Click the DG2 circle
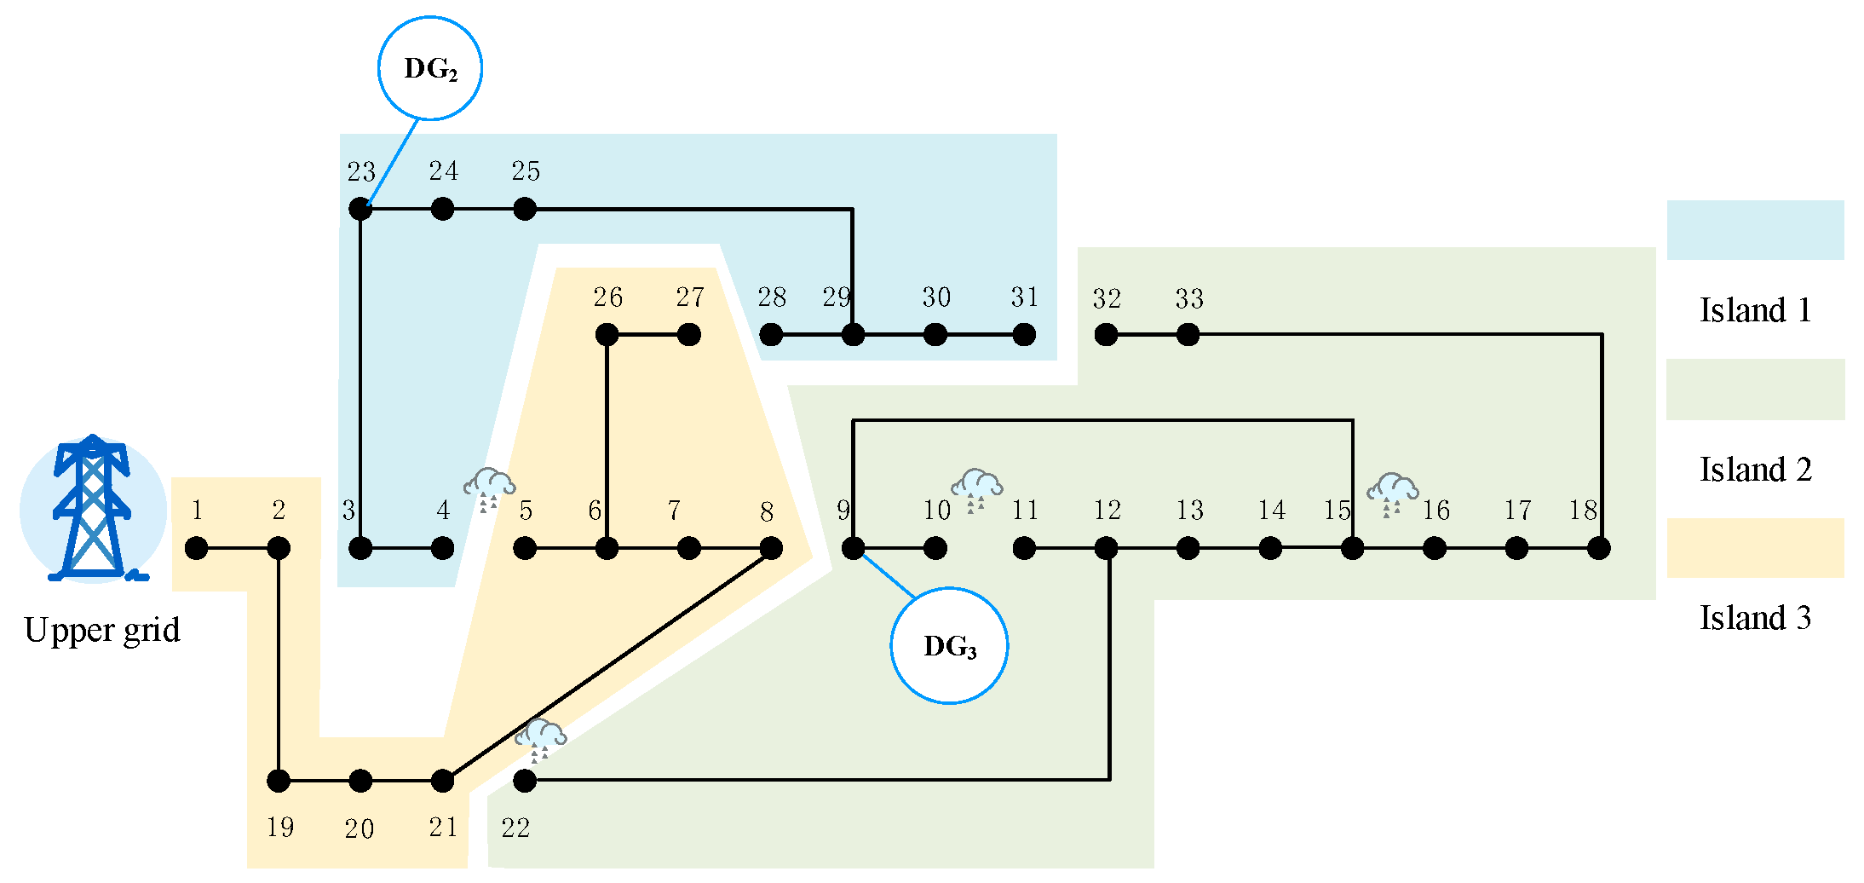(430, 68)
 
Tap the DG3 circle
(949, 645)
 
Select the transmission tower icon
(93, 509)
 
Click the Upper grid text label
(102, 631)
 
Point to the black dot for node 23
(360, 209)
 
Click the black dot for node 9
(853, 548)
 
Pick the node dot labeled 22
(525, 780)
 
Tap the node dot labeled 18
(1599, 548)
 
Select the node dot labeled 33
(1188, 335)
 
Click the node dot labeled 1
(197, 548)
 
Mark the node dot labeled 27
(689, 335)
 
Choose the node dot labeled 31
(1024, 335)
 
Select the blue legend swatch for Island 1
(1755, 230)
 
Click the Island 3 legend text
(1755, 618)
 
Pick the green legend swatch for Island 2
(1755, 390)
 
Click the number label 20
(360, 828)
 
